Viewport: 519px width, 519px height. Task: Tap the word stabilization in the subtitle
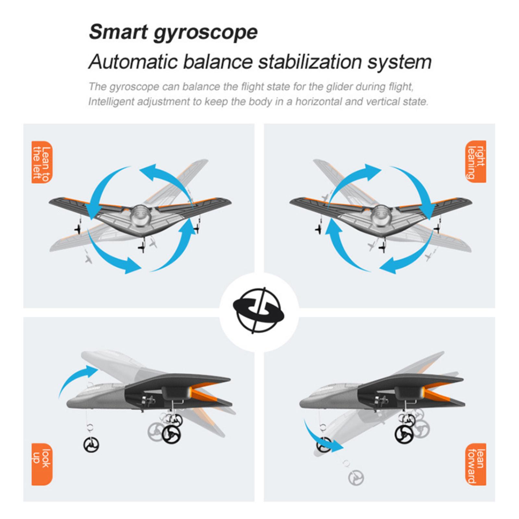310,62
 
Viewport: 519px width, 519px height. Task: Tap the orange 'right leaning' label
476,162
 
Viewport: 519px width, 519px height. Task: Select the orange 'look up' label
42,464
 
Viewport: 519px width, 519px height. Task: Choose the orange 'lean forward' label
476,464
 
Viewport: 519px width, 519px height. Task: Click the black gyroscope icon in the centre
259,310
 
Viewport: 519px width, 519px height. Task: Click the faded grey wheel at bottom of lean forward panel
356,477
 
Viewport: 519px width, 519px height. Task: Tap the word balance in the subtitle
218,62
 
